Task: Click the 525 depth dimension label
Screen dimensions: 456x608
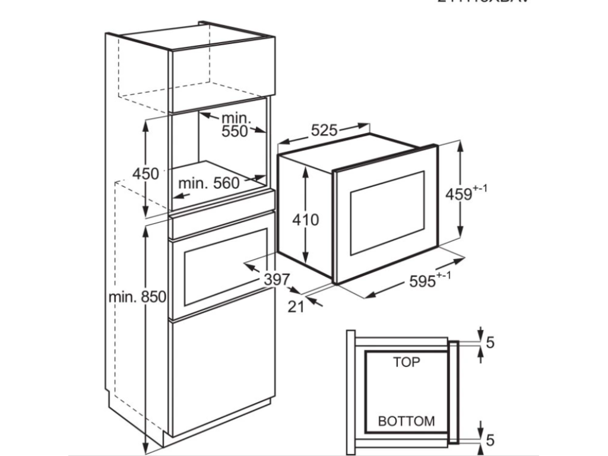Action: (x=324, y=131)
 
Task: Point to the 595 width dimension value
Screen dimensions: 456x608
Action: (x=422, y=281)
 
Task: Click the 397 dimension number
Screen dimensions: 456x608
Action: (x=277, y=278)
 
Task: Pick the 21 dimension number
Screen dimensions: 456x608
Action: (x=296, y=306)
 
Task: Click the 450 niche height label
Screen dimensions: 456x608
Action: (x=145, y=174)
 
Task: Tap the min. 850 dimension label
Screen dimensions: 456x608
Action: (x=137, y=296)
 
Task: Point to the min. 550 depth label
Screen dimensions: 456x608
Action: (x=235, y=125)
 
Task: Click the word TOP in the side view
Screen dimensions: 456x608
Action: (x=406, y=362)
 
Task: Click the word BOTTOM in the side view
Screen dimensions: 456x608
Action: (x=406, y=422)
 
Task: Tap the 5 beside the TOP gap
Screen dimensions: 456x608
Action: (x=490, y=342)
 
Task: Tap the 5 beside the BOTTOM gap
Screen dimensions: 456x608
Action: (x=490, y=440)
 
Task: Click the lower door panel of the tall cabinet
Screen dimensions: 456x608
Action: (x=222, y=374)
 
